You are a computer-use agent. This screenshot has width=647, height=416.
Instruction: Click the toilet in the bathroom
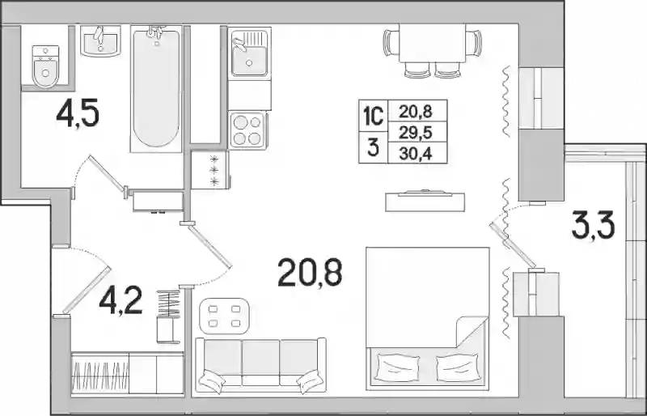point(46,66)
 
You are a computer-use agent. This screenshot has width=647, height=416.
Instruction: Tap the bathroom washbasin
point(100,40)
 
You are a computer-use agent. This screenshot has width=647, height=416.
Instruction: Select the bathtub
point(156,88)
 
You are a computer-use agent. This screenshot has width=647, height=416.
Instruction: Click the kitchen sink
point(249,53)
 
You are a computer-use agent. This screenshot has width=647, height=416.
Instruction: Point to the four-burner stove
point(248,130)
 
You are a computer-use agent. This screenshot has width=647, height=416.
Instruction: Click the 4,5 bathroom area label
point(78,114)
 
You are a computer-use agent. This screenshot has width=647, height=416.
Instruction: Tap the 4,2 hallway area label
point(121,300)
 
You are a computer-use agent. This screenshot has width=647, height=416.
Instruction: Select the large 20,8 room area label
point(310,272)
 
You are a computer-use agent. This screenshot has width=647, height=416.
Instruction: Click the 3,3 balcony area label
point(593,225)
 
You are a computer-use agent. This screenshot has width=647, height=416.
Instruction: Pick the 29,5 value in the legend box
point(416,133)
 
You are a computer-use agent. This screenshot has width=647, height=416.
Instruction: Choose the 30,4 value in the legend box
point(416,154)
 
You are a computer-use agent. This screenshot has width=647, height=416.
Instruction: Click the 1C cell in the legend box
point(373,117)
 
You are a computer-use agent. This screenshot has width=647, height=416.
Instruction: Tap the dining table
point(432,43)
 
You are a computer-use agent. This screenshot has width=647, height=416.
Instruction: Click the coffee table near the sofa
point(225,316)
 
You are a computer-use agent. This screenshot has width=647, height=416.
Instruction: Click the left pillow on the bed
point(398,367)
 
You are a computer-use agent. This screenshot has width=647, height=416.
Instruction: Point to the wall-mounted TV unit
point(425,202)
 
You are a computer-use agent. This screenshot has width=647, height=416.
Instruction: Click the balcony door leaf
point(513,245)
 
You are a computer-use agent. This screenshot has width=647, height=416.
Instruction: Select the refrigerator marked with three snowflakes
point(210,170)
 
